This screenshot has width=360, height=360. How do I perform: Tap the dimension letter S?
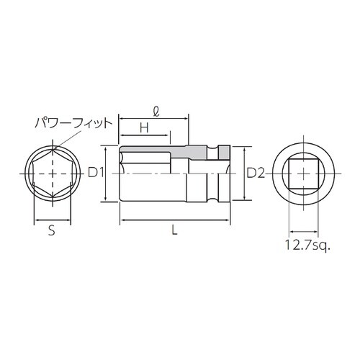click(51, 231)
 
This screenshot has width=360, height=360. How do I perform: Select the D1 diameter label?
click(97, 173)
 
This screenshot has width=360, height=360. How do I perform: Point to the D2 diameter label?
click(256, 173)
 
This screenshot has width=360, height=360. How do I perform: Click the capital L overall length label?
click(175, 230)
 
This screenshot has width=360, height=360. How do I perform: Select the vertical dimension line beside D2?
click(246, 174)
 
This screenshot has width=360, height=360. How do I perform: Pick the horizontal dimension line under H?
click(145, 135)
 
